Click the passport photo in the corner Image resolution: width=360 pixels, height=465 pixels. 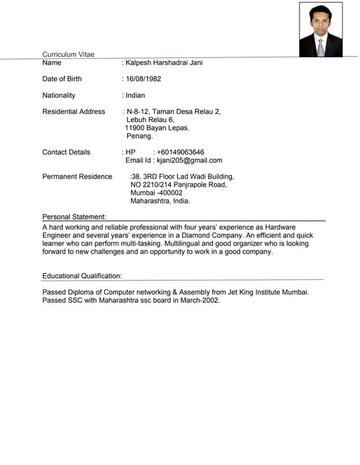(x=321, y=29)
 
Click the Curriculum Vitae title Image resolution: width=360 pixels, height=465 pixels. (x=68, y=54)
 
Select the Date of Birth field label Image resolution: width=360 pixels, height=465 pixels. (x=62, y=78)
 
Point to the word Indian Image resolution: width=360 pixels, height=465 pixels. (x=135, y=95)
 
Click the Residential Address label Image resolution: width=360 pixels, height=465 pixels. (x=73, y=112)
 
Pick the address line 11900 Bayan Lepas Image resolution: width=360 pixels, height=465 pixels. (x=157, y=128)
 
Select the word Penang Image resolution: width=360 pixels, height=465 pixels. (x=140, y=136)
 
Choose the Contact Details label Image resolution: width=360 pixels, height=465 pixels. (x=66, y=153)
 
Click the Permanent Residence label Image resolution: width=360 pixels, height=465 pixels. (x=77, y=177)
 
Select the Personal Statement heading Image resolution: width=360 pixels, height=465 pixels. (x=74, y=217)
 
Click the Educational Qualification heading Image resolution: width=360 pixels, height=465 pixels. (x=82, y=276)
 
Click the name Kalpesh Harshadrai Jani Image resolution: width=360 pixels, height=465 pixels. (x=164, y=62)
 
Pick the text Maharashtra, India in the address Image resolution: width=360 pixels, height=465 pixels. (x=160, y=201)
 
